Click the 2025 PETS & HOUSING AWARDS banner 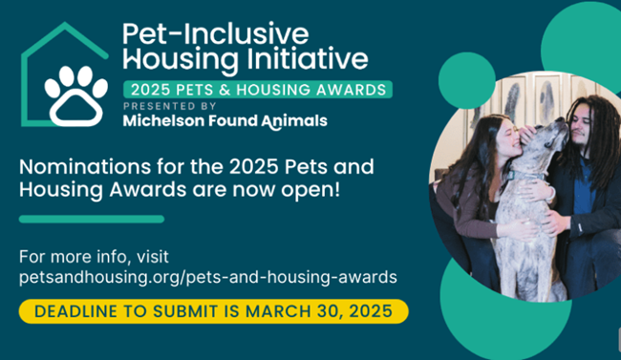259,89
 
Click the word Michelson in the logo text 161,120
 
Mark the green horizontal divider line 92,219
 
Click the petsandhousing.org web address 207,276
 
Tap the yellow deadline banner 213,311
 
